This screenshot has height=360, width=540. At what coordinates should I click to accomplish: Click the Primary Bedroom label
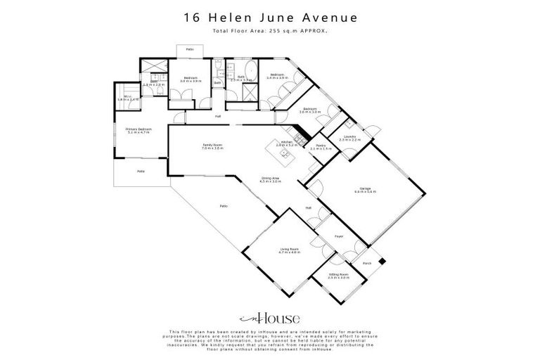click(139, 130)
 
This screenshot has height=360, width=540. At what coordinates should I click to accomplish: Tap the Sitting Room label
click(339, 275)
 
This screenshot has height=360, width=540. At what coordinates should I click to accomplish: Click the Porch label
click(366, 264)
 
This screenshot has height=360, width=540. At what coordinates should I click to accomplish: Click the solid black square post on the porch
click(382, 261)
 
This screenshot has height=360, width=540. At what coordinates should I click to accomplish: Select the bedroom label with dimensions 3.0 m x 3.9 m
click(191, 79)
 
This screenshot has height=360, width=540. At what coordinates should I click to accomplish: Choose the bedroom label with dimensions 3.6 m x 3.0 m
click(309, 110)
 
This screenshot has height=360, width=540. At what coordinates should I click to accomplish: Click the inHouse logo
click(269, 318)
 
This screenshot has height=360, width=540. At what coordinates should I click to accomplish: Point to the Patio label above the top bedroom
click(190, 50)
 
